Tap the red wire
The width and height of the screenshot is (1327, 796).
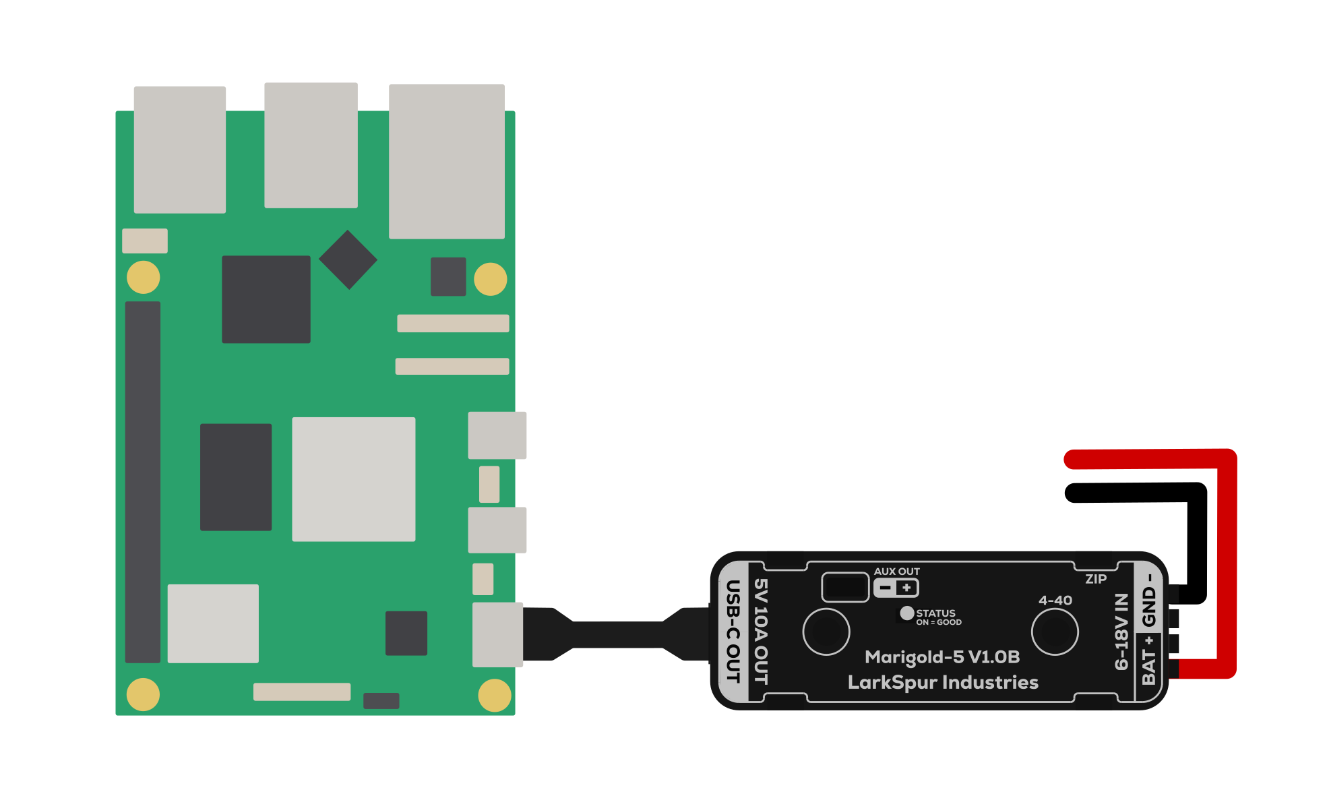point(1227,559)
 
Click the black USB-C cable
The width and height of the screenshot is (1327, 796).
point(617,634)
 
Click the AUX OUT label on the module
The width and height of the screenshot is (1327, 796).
point(896,572)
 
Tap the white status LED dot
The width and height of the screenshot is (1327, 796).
point(907,613)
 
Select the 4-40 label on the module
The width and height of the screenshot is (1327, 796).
point(1055,600)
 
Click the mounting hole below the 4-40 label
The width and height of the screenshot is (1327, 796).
point(1055,632)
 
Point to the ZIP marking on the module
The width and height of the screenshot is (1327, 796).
point(1096,579)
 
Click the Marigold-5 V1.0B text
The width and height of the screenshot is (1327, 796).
point(942,656)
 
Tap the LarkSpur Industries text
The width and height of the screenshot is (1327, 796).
point(942,682)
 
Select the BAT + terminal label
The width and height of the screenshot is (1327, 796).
point(1148,660)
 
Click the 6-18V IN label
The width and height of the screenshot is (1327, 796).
point(1121,632)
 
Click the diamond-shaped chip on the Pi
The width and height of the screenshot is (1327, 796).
point(348,259)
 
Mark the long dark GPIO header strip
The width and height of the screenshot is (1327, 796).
point(143,482)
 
